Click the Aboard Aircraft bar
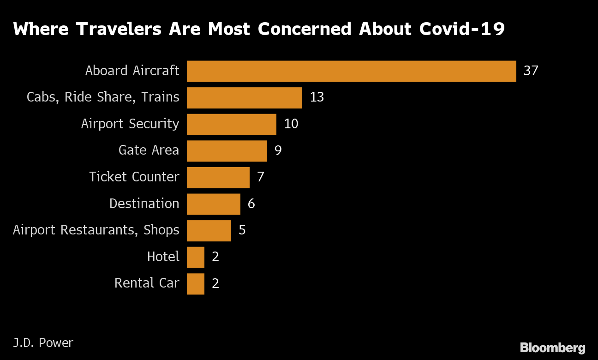coord(351,71)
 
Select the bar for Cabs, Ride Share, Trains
coord(244,98)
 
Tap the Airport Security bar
coord(231,124)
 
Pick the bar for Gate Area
coord(227,151)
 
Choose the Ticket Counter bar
coord(218,177)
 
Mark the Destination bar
coord(213,204)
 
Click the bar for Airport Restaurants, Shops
coord(209,230)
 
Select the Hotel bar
coord(195,257)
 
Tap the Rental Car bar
coord(195,283)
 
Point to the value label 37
coord(531,71)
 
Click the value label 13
coord(317,98)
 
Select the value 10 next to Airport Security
coord(291,124)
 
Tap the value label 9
coord(278,151)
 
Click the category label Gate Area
coord(149,150)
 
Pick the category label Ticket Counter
coord(134,177)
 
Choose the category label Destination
coord(144,204)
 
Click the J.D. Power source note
coord(43,343)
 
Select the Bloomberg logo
coord(552,348)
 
